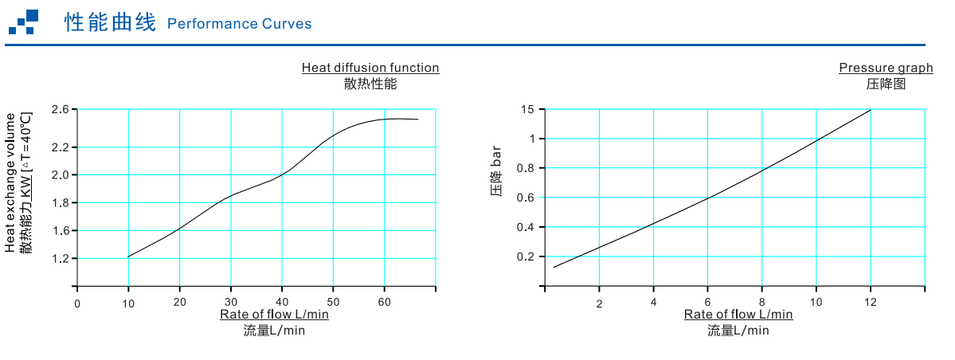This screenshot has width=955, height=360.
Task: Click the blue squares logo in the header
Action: coord(24,22)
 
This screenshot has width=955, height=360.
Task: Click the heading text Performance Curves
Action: coord(239,24)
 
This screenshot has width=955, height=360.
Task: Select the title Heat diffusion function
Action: coord(370,68)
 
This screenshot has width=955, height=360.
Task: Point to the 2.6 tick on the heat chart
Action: coord(61,109)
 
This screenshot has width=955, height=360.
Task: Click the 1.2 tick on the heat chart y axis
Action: coord(61,259)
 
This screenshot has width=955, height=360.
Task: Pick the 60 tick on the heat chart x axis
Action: coord(384,303)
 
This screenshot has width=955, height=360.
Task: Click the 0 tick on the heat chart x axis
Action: coord(77,303)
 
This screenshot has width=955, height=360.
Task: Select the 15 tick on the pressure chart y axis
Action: coord(527,109)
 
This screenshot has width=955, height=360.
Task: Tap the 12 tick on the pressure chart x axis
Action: coord(871,303)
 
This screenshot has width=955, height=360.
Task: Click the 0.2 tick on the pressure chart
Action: coord(525,256)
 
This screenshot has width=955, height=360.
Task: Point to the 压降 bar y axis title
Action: coord(497,171)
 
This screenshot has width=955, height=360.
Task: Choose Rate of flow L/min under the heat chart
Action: coord(274,314)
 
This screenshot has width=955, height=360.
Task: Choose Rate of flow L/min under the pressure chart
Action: coord(738,314)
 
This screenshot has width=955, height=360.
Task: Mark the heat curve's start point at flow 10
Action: coord(128,256)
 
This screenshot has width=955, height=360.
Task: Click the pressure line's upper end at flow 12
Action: coord(871,110)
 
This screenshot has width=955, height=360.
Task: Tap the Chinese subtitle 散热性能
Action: coord(370,83)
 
